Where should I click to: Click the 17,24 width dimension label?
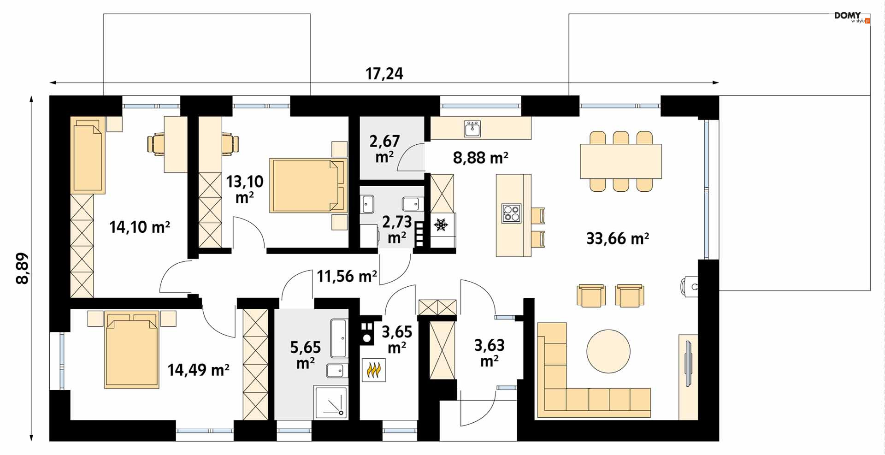[x=384, y=73]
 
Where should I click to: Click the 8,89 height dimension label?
[x=22, y=269]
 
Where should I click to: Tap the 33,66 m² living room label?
[x=618, y=238]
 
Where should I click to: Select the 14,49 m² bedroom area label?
[x=198, y=369]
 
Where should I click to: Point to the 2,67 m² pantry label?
[x=384, y=148]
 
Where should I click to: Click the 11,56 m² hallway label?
[x=347, y=276]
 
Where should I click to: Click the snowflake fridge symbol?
[x=441, y=225]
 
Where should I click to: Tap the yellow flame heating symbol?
[x=373, y=370]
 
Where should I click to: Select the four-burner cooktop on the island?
[x=511, y=213]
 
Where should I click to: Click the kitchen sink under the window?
[x=472, y=129]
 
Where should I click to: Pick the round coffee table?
[x=608, y=350]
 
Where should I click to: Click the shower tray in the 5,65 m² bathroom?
[x=330, y=402]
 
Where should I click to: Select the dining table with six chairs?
[x=621, y=161]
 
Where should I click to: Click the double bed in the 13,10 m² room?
[x=308, y=186]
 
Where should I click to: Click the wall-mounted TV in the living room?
[x=688, y=363]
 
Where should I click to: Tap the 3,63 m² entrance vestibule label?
[x=489, y=353]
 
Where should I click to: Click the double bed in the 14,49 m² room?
[x=132, y=349]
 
